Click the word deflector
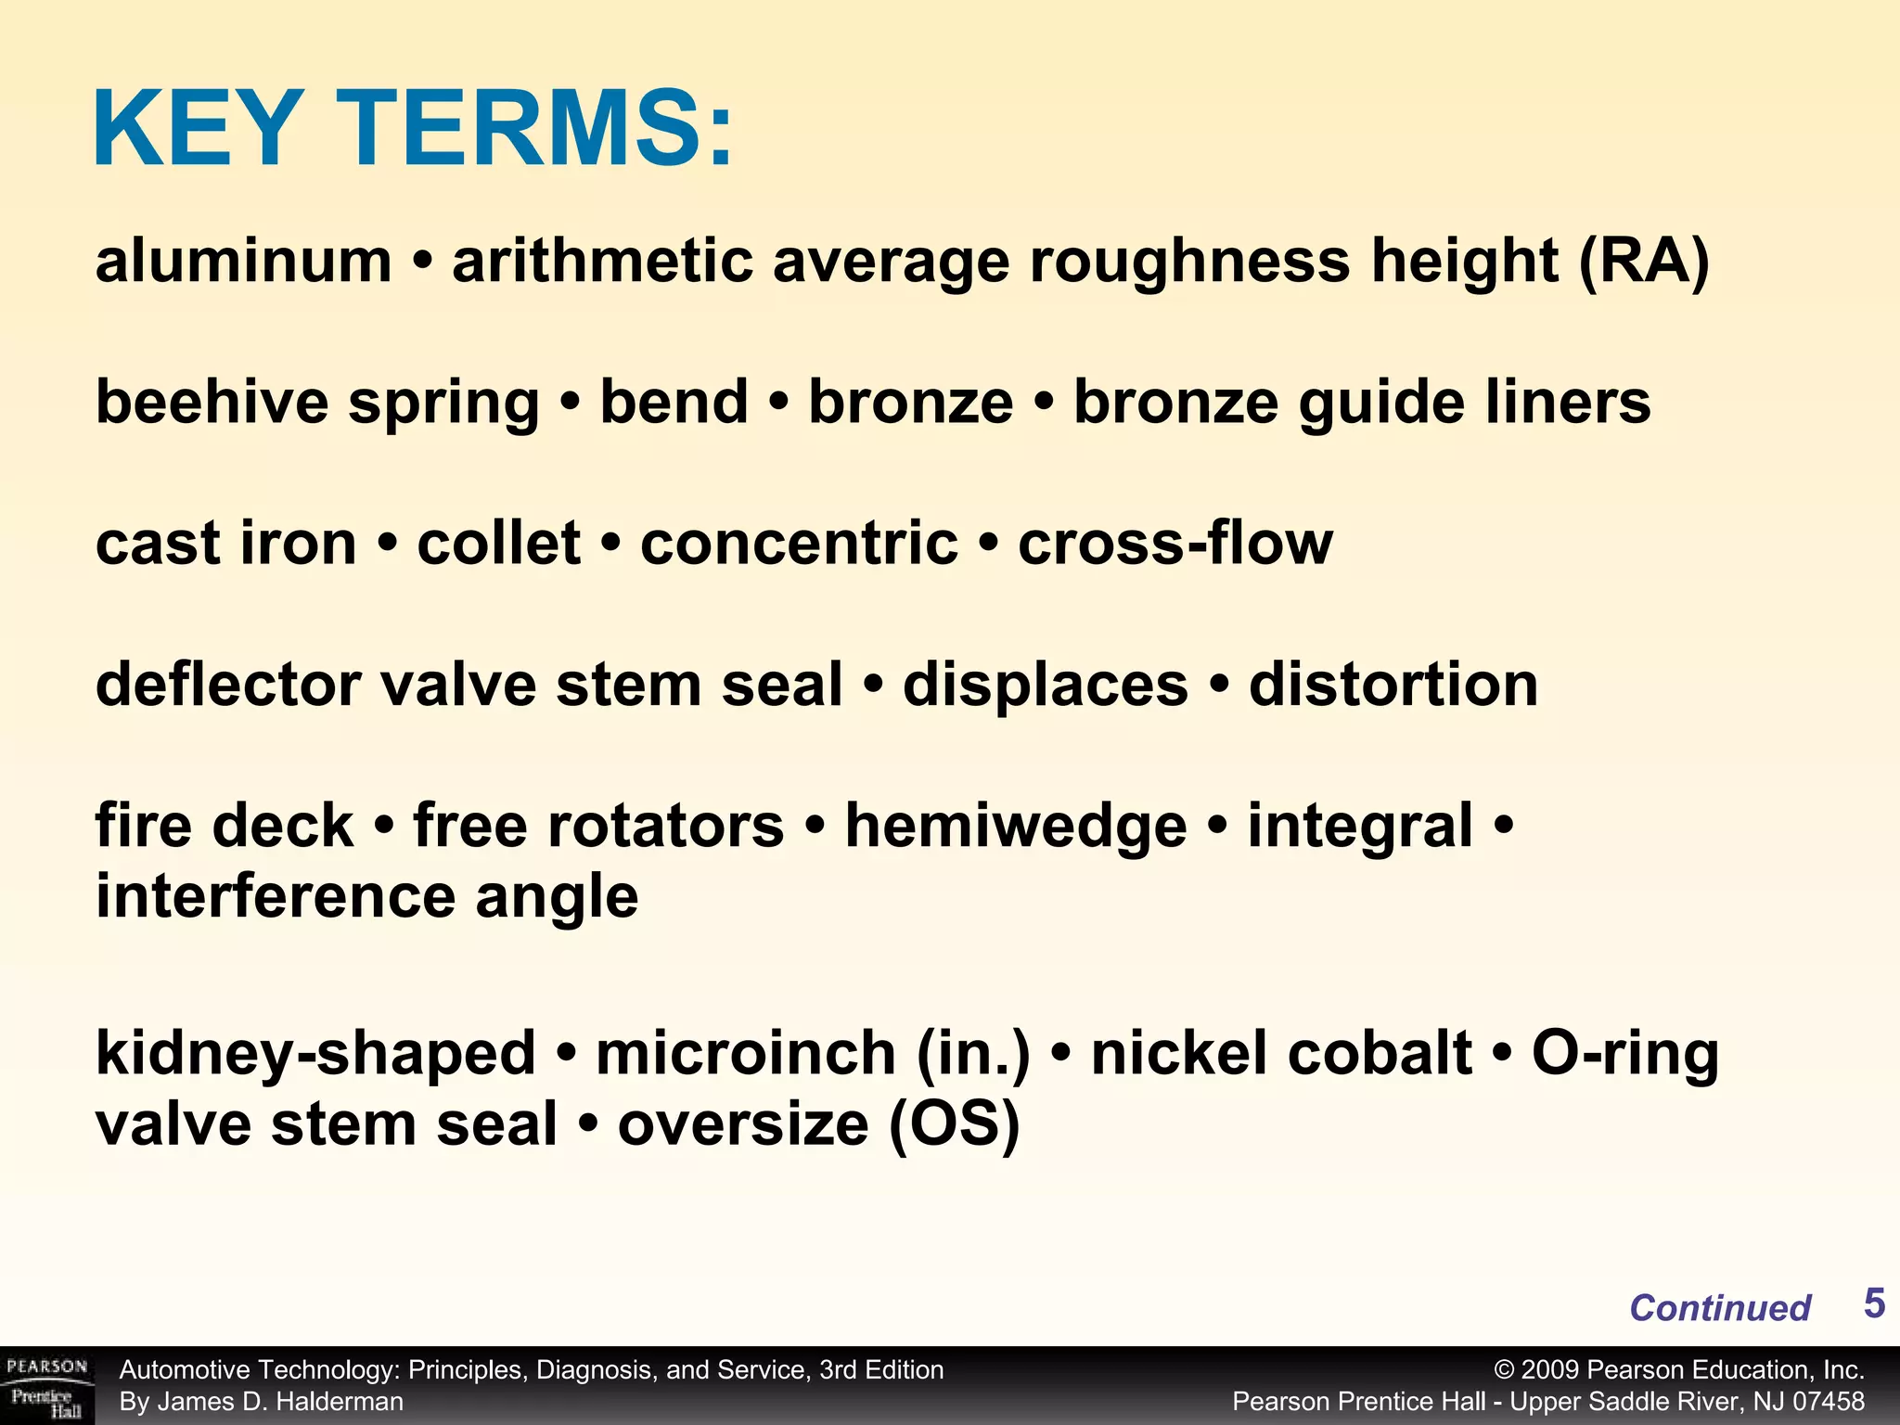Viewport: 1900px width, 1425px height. pyautogui.click(x=228, y=685)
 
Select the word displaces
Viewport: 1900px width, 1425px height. pyautogui.click(x=1046, y=685)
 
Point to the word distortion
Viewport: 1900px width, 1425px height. pyautogui.click(x=1393, y=685)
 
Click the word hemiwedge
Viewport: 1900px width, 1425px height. pyautogui.click(x=1016, y=826)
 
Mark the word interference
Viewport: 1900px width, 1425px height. pyautogui.click(x=276, y=896)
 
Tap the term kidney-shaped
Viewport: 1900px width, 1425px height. pyautogui.click(x=315, y=1054)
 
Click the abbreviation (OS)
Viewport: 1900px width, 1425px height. pyautogui.click(x=954, y=1124)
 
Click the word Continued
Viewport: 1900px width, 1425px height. pyautogui.click(x=1720, y=1307)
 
